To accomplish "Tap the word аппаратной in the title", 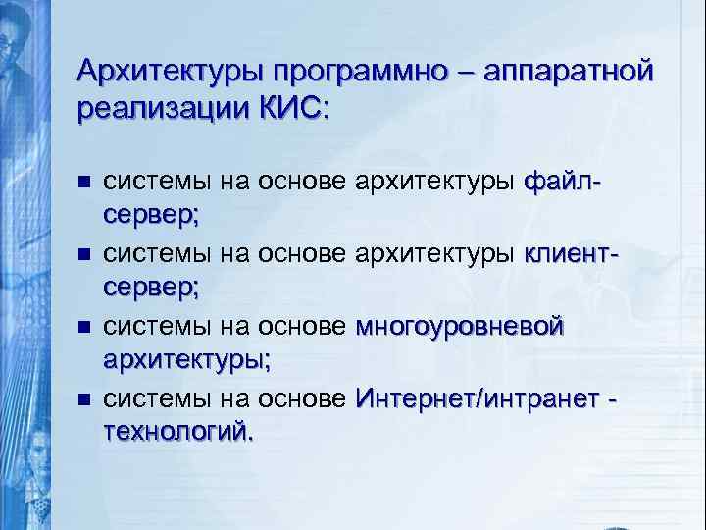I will pyautogui.click(x=557, y=72).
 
